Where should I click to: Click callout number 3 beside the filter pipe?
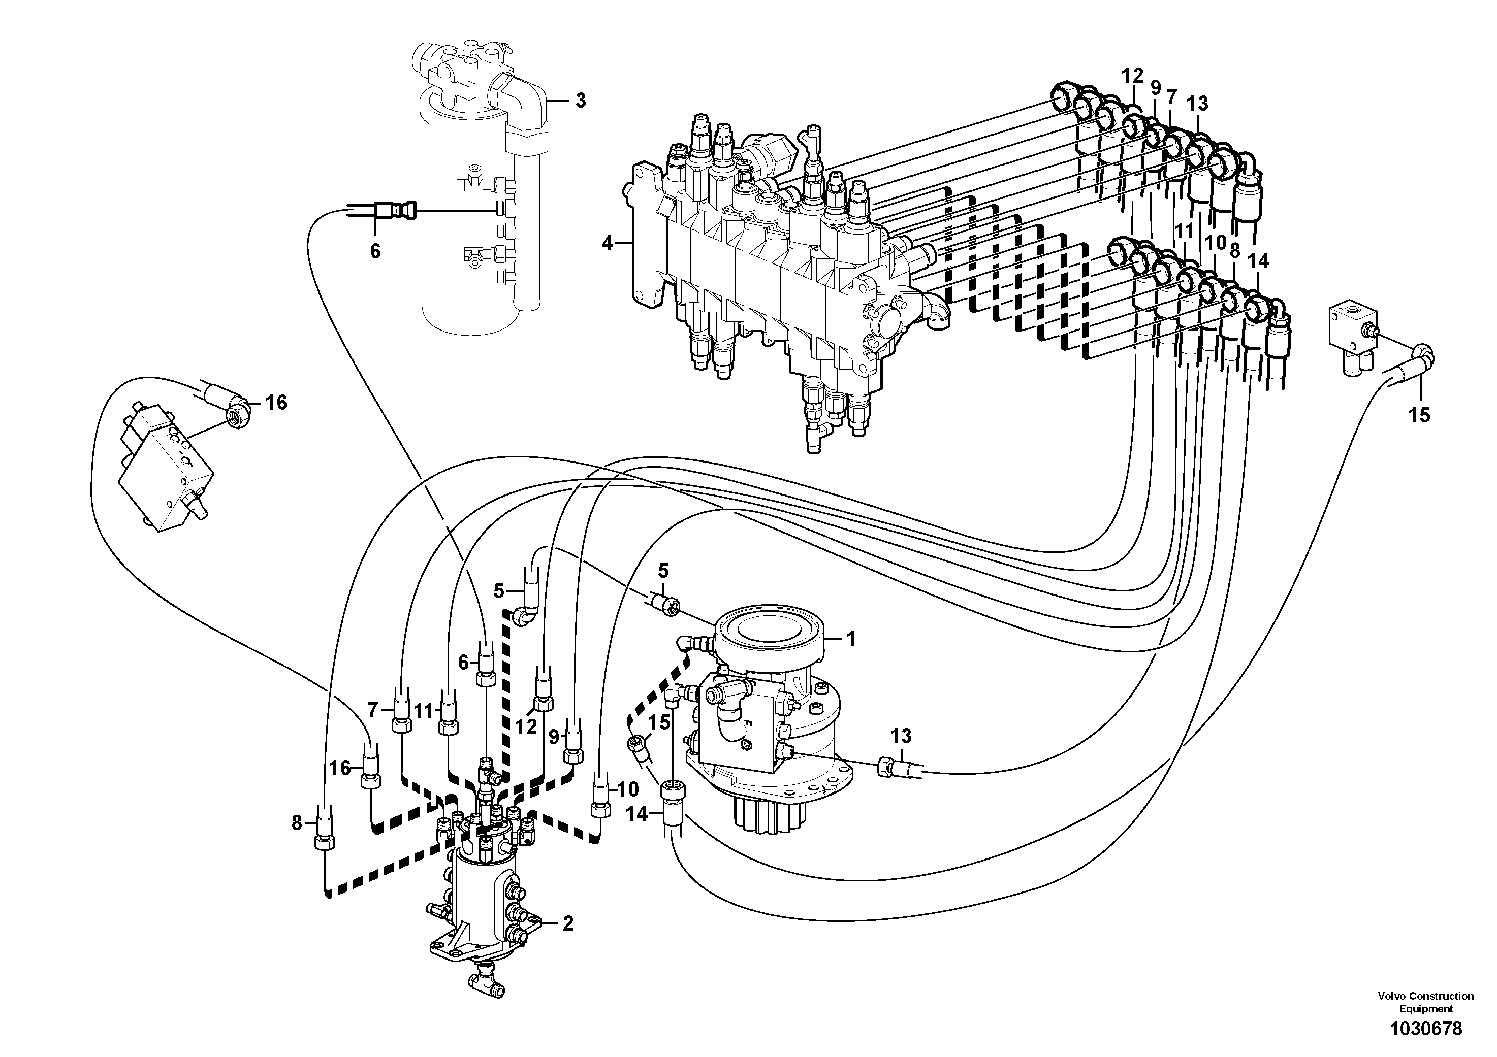pos(580,101)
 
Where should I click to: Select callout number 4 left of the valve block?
pos(608,244)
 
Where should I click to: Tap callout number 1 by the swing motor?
pos(850,639)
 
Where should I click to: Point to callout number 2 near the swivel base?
pos(567,923)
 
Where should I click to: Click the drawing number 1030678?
pos(1425,1029)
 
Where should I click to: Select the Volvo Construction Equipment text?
pos(1425,1002)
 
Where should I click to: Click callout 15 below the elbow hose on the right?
pos(1419,415)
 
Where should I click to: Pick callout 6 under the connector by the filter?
pos(375,251)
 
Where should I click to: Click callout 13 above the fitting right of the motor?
pos(901,736)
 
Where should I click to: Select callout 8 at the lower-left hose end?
pos(297,823)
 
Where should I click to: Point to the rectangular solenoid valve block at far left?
pos(166,454)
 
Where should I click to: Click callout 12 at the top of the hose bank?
pos(1133,76)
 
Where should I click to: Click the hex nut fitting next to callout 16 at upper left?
pos(237,414)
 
